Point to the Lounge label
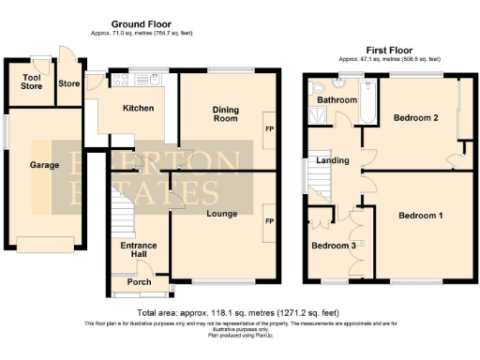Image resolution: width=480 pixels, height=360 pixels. (219, 214)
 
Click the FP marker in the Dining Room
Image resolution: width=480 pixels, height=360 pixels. (269, 128)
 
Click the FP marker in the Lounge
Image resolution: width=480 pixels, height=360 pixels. (269, 221)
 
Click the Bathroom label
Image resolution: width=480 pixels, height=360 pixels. (334, 99)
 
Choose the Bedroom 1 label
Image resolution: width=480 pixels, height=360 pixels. (421, 216)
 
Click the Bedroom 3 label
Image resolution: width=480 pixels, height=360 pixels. (335, 246)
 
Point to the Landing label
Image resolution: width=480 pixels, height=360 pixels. (333, 160)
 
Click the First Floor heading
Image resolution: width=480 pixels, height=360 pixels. (389, 50)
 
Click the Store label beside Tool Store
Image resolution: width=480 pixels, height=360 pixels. (68, 83)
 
